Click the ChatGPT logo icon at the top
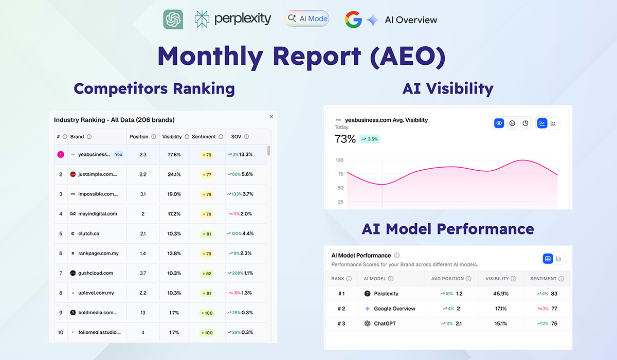coord(173,20)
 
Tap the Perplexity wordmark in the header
coord(242,19)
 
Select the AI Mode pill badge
coord(307,19)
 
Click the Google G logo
coord(353,20)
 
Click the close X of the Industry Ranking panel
coord(271,117)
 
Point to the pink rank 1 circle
coord(61,154)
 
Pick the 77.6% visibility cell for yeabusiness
coord(172,154)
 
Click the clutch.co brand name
coord(88,233)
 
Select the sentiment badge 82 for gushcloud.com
coord(208,273)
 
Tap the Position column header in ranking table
coord(139,137)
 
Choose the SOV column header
coord(236,137)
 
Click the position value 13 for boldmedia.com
coord(143,313)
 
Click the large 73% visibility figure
coord(345,139)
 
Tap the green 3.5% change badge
coord(370,139)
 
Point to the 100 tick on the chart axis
coord(340,160)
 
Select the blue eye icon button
coord(499,123)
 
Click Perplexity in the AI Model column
coord(386,294)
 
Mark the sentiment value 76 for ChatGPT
coord(554,323)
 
